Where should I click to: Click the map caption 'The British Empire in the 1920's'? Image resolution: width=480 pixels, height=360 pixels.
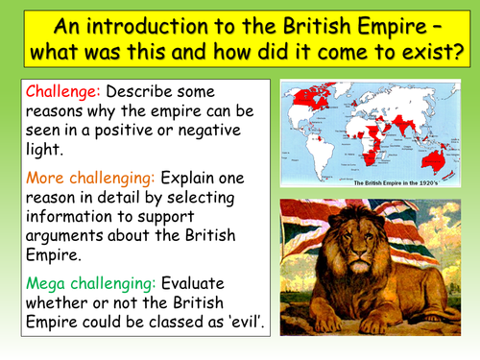[370, 181]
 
